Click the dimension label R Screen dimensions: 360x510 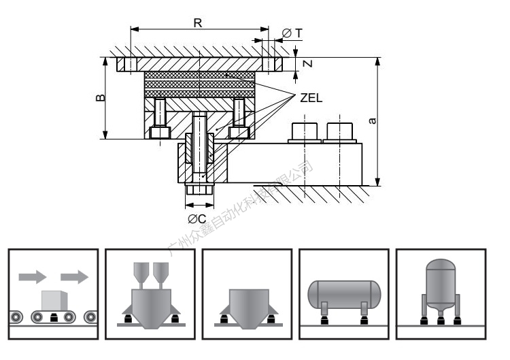(x=197, y=22)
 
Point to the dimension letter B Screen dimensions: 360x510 (x=100, y=98)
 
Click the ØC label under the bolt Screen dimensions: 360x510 (x=197, y=218)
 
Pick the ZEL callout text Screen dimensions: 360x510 (x=311, y=97)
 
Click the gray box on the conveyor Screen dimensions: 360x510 (x=53, y=300)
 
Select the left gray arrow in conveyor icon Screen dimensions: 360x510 (x=31, y=276)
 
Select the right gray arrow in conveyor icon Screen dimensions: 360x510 (x=74, y=276)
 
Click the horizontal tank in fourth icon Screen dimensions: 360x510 (x=343, y=293)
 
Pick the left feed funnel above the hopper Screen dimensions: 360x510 (x=142, y=272)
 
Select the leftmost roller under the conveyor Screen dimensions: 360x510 (x=15, y=316)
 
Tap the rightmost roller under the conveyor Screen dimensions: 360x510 (x=90, y=316)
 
